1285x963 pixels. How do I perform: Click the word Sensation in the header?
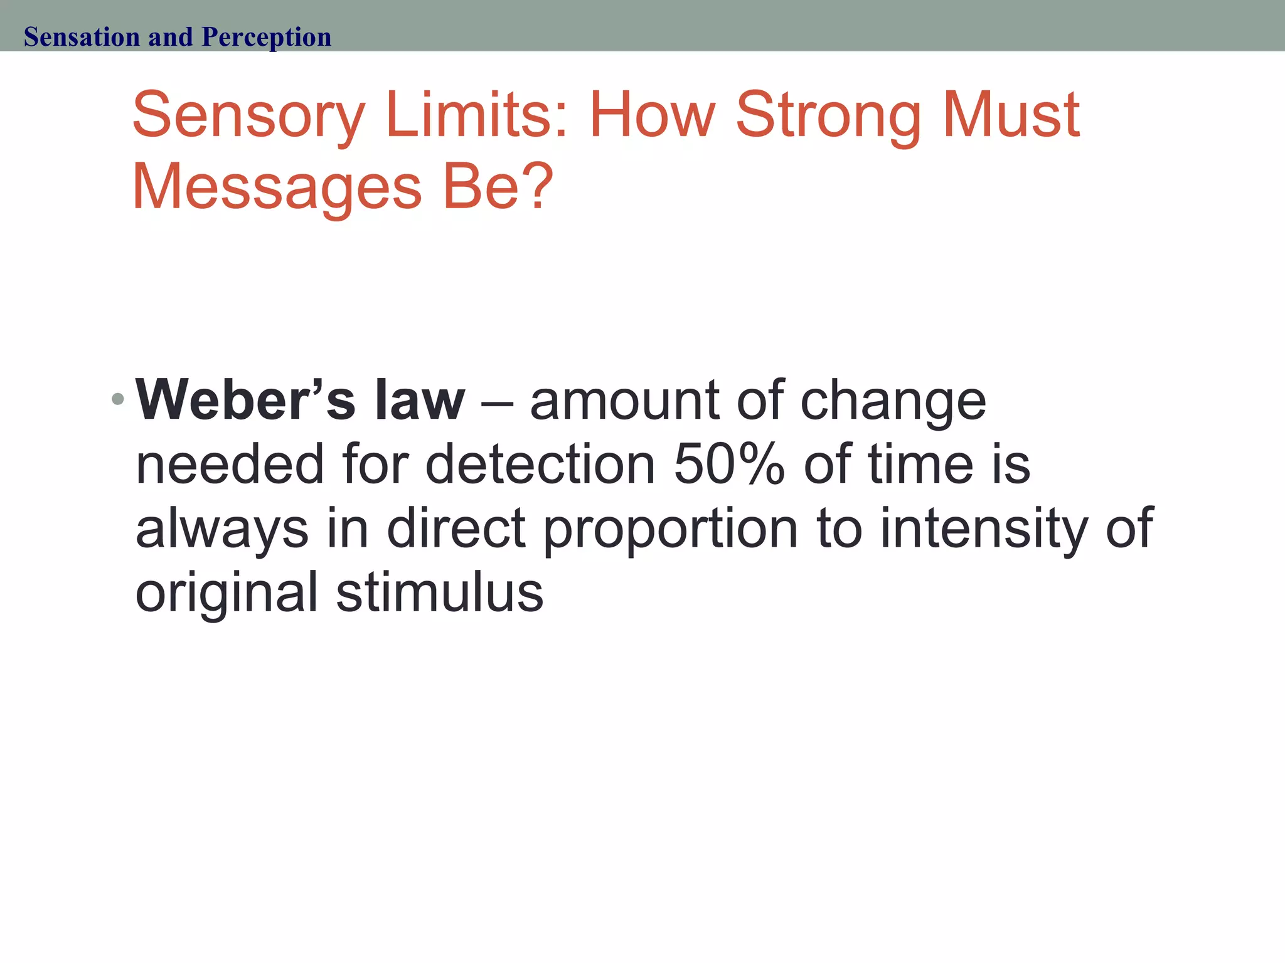tap(82, 37)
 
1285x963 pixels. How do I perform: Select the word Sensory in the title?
tap(248, 117)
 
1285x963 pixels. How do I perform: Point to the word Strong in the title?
tap(828, 117)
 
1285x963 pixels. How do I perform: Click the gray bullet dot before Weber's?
tap(117, 398)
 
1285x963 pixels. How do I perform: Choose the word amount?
tap(625, 401)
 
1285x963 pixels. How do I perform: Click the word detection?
tap(540, 465)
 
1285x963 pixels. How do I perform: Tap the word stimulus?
tap(440, 592)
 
